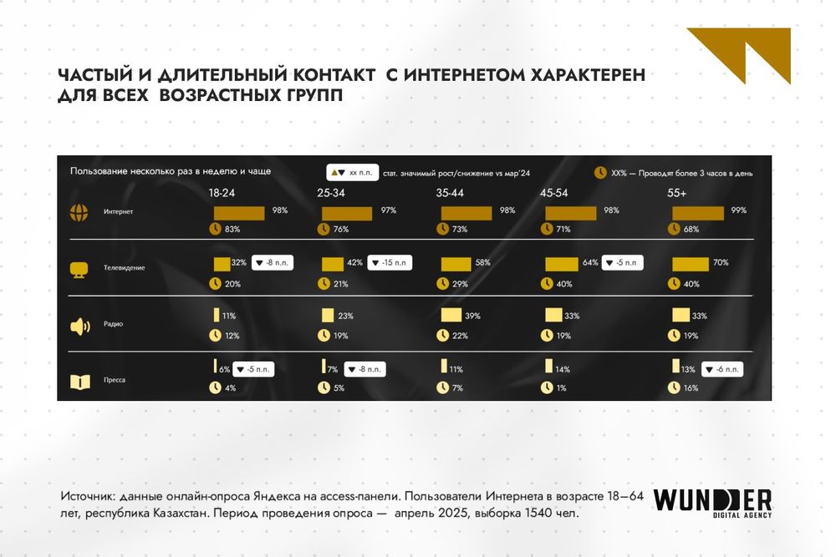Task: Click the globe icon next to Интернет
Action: coord(79,212)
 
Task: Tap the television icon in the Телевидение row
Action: coord(79,269)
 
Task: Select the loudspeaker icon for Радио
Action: coord(79,326)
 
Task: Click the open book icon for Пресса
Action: coord(79,382)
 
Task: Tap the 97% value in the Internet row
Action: coord(388,210)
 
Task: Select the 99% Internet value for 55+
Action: coord(738,210)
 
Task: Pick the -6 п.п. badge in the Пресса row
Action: coord(721,369)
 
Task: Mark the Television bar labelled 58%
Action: coord(456,264)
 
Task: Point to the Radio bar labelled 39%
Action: coord(451,316)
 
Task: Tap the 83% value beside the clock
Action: coord(232,229)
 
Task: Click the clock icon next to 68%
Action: coord(675,229)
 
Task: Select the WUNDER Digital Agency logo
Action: coord(712,502)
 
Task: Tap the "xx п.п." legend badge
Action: coord(352,173)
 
